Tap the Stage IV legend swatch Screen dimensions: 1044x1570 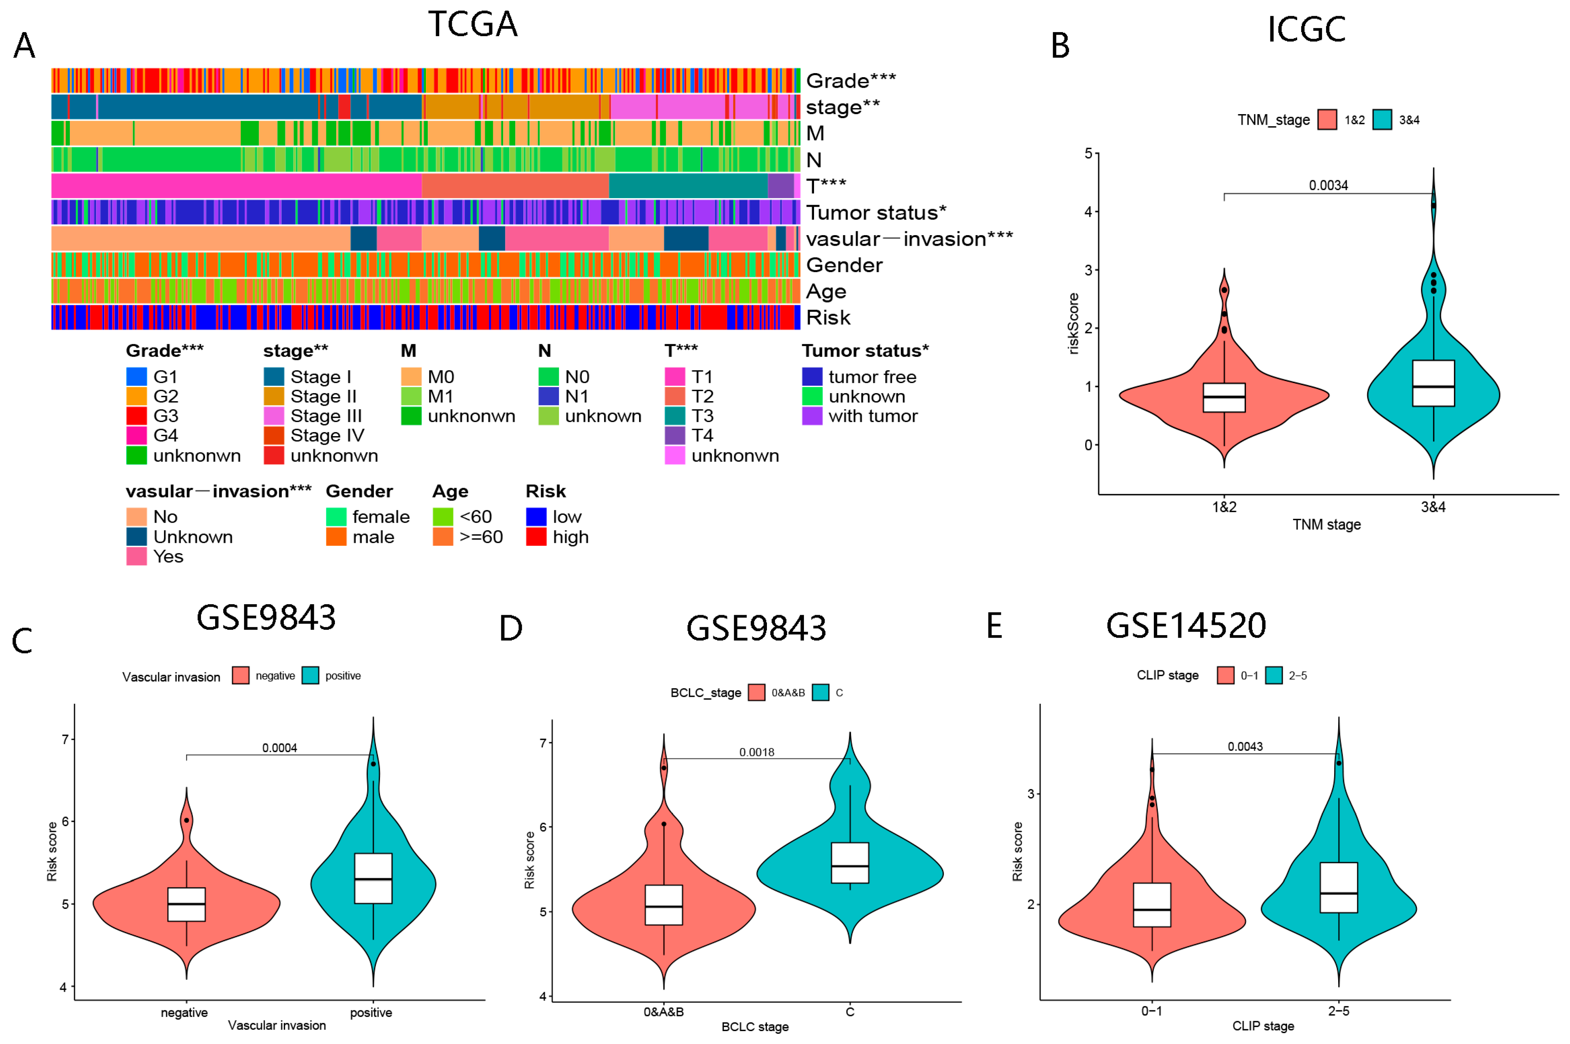[x=274, y=435]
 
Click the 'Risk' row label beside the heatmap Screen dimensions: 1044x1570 [x=827, y=318]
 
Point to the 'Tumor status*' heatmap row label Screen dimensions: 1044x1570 [x=875, y=212]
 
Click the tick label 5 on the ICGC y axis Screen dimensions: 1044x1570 [x=1088, y=153]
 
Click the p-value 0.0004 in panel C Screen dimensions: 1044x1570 [x=279, y=748]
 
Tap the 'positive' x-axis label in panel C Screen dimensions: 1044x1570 [x=371, y=1013]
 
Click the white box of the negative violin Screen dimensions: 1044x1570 [x=186, y=904]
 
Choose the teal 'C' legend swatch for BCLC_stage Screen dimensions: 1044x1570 [x=820, y=692]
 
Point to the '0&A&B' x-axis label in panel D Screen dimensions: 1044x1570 [x=663, y=1012]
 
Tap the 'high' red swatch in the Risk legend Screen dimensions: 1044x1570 [x=536, y=537]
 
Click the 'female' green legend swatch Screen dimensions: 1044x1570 [x=336, y=517]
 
